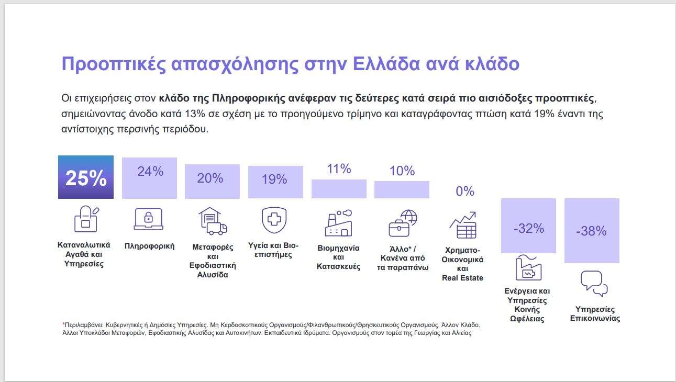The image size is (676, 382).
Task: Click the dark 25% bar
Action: (x=86, y=177)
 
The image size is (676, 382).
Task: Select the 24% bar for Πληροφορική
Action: (x=149, y=178)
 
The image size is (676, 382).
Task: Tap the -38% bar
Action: (x=592, y=231)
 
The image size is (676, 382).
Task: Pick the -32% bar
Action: (x=528, y=226)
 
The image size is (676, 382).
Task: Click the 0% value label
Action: (x=465, y=191)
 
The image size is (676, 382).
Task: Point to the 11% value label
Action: (x=339, y=169)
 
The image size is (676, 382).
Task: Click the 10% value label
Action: (x=402, y=171)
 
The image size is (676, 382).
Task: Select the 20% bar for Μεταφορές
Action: (x=212, y=182)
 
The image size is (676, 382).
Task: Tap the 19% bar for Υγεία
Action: (x=275, y=182)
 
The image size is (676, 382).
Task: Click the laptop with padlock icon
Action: (x=149, y=219)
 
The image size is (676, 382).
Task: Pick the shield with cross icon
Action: (x=274, y=220)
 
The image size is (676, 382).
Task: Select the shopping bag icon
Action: (x=86, y=219)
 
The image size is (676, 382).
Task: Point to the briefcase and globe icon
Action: (x=403, y=223)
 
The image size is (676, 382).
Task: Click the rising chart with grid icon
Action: (x=463, y=225)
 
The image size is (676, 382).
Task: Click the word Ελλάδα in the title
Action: (x=386, y=64)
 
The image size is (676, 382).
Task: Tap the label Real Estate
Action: (x=462, y=278)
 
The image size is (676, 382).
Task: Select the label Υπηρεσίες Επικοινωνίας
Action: (x=595, y=313)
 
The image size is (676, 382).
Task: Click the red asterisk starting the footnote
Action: (x=63, y=324)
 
